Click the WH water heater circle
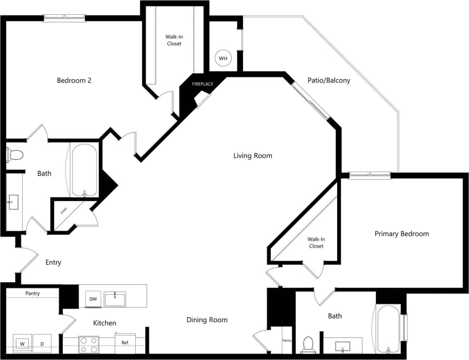[223, 58]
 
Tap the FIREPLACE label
[203, 84]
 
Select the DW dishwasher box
[93, 299]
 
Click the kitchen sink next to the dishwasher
[115, 299]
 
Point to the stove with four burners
[88, 344]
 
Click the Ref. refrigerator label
[125, 343]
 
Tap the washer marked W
[21, 344]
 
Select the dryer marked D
[42, 344]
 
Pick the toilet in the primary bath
[308, 344]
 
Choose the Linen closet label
[64, 210]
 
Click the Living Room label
[253, 156]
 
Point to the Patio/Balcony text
[329, 80]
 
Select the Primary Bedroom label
[402, 234]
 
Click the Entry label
[53, 262]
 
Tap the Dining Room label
[207, 320]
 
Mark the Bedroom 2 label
[74, 80]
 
